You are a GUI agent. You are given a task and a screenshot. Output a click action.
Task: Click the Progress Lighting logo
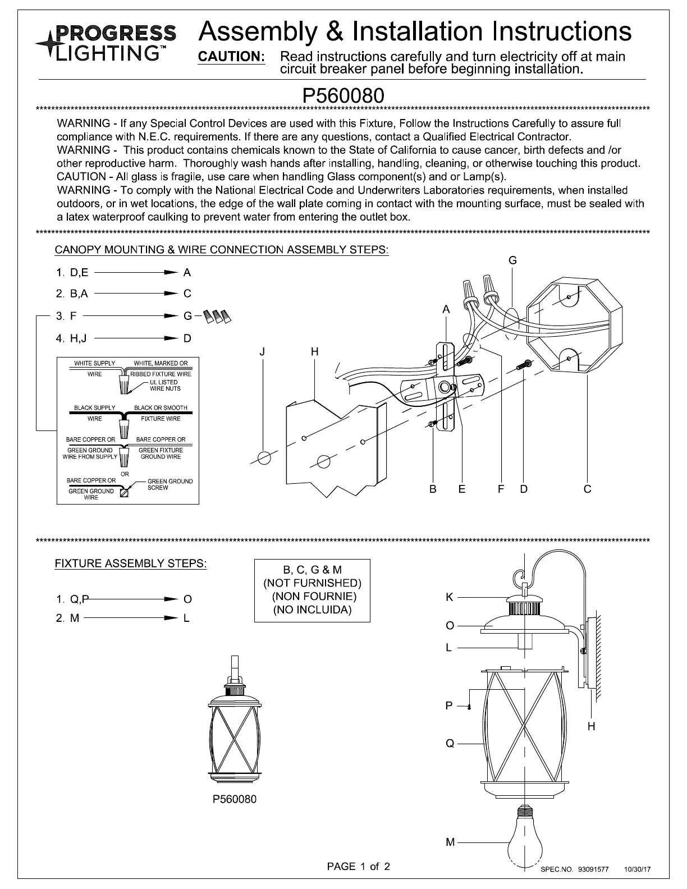click(106, 43)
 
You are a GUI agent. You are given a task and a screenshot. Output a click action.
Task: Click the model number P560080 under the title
click(343, 95)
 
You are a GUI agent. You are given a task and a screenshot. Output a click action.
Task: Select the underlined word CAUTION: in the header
click(232, 57)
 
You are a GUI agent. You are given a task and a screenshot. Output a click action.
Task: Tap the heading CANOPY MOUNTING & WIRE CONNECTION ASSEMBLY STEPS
click(221, 250)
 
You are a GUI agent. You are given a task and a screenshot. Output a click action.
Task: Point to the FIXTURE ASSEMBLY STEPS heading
click(130, 563)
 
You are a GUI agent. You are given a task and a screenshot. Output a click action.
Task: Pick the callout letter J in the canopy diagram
click(262, 352)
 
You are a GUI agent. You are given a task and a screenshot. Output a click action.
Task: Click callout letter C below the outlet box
click(587, 489)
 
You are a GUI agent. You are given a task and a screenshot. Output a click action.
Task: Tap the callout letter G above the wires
click(512, 260)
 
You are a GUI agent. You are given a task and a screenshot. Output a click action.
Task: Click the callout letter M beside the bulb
click(450, 842)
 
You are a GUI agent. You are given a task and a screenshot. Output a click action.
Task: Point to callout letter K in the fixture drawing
click(449, 597)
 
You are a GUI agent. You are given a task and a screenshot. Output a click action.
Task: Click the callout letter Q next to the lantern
click(450, 744)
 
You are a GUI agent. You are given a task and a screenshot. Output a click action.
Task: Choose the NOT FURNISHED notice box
click(312, 590)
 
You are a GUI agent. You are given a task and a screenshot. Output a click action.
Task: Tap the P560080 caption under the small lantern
click(235, 799)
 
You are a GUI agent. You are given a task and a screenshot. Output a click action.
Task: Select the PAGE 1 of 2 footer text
click(358, 866)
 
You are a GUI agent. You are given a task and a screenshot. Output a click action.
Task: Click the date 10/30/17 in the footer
click(638, 869)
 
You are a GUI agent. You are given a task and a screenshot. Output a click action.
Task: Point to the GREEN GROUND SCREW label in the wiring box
click(169, 484)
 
